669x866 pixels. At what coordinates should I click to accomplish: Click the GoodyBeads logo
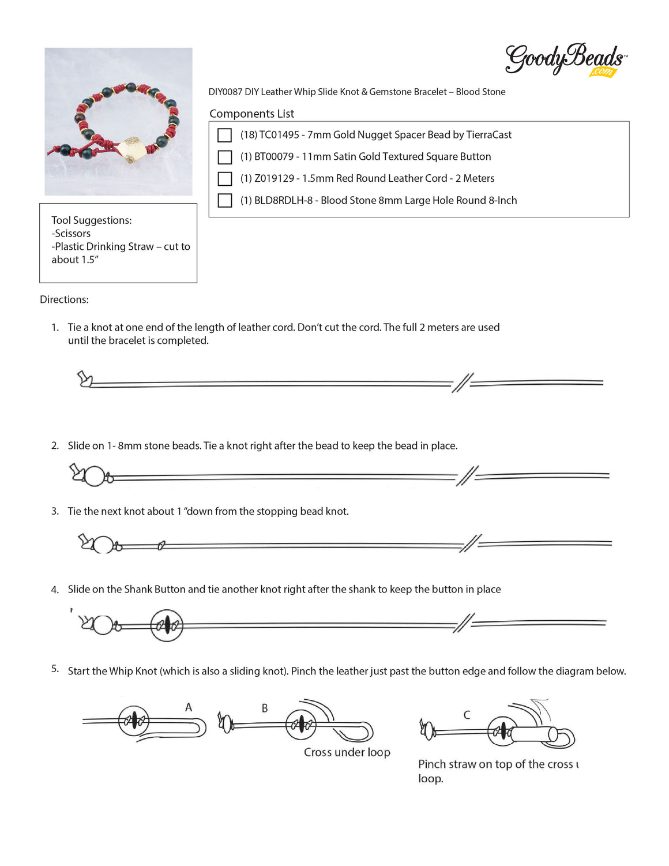click(x=565, y=60)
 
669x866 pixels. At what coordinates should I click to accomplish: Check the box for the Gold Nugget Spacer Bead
click(x=224, y=135)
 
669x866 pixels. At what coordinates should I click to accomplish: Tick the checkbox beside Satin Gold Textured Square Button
click(x=224, y=157)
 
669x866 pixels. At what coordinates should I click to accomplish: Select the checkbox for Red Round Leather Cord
click(x=224, y=179)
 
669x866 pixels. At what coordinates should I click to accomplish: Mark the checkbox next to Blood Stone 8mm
click(x=224, y=201)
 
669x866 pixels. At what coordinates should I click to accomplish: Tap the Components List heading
click(x=251, y=114)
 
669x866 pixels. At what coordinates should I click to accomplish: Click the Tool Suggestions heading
click(x=91, y=220)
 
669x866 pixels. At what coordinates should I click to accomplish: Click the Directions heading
click(x=64, y=299)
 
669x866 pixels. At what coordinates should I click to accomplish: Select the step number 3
click(x=55, y=511)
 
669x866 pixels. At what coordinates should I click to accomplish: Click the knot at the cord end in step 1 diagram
click(x=85, y=379)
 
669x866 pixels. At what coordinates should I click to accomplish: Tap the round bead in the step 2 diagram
click(x=95, y=477)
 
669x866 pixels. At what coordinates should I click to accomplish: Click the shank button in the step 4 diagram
click(x=167, y=625)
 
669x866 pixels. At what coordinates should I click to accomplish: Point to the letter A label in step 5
click(x=189, y=707)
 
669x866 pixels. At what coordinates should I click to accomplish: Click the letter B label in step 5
click(x=265, y=708)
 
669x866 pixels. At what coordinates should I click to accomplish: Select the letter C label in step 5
click(x=467, y=715)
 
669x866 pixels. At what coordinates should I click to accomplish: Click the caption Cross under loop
click(x=347, y=752)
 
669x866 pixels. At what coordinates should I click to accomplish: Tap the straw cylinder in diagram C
click(x=531, y=735)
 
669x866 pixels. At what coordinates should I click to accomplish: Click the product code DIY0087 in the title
click(x=225, y=92)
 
